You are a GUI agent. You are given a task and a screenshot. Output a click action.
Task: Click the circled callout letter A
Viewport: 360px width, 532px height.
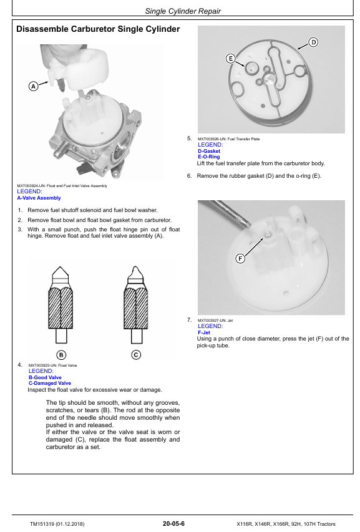[33, 86]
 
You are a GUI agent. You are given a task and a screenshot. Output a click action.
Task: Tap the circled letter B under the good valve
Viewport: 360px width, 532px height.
[61, 355]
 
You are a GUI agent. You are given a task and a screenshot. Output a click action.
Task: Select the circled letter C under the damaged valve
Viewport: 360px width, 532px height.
[136, 355]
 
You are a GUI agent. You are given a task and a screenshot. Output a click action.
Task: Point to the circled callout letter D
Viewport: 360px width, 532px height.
[313, 42]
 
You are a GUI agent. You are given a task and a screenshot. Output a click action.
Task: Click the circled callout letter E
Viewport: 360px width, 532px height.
[231, 59]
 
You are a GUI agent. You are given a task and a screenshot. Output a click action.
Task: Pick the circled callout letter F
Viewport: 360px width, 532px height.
[240, 259]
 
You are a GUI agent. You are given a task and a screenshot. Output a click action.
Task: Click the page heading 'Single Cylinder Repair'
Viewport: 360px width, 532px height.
[183, 11]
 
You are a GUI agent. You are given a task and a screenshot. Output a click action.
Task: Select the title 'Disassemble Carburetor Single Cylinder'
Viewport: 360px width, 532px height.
[98, 29]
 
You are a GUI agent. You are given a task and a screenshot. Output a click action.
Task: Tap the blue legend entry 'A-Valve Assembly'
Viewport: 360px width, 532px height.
[39, 198]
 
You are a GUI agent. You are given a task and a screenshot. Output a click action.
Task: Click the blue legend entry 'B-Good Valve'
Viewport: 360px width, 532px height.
[45, 377]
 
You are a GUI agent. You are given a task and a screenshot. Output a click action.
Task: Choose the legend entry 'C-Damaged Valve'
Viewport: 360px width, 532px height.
[50, 383]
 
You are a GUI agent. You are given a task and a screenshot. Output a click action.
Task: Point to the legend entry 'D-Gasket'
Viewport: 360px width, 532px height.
[209, 151]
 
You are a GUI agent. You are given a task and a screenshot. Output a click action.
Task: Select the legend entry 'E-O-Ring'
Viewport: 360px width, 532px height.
[209, 157]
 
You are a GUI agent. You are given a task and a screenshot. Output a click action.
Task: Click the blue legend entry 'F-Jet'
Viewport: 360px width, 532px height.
[204, 332]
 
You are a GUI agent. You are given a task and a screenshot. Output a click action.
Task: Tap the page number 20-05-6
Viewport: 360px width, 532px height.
[173, 523]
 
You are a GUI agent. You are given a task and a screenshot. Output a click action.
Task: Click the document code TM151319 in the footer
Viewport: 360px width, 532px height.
[42, 524]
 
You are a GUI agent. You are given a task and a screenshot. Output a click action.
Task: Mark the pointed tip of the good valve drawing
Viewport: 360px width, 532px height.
[61, 267]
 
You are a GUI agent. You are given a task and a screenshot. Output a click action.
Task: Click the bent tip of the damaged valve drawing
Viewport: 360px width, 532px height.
[137, 267]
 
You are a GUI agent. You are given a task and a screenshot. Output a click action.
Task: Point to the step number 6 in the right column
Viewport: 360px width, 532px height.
[189, 176]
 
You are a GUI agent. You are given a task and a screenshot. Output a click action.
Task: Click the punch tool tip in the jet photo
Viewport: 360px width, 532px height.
[249, 225]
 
